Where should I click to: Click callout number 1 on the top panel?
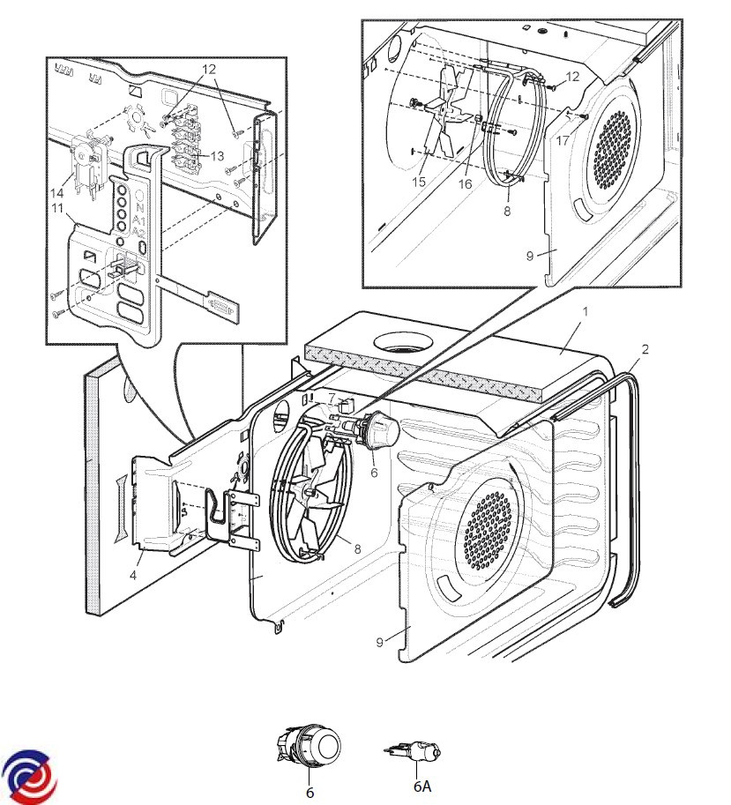(x=583, y=312)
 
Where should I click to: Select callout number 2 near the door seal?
(x=645, y=349)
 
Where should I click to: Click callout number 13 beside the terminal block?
(x=219, y=154)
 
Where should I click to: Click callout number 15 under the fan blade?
(x=419, y=182)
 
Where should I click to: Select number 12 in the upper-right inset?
(x=573, y=77)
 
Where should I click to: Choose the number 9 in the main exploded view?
(x=379, y=642)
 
